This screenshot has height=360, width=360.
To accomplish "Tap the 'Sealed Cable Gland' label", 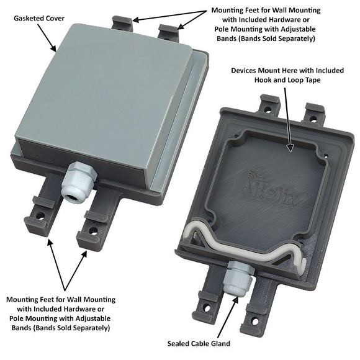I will [199, 343].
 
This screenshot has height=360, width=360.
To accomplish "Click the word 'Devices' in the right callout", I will [245, 71].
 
